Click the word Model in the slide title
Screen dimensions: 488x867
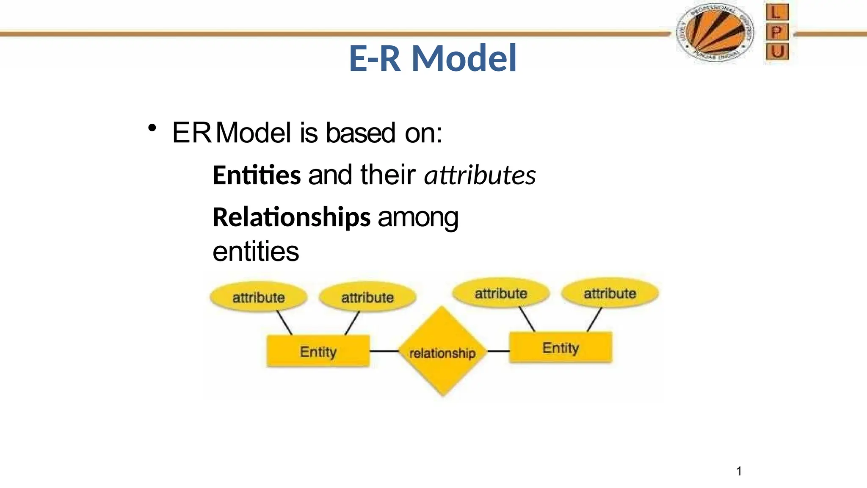coord(464,58)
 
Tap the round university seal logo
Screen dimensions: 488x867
coord(715,33)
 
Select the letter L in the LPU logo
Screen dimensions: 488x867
coord(777,12)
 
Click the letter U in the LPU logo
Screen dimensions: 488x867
coord(777,52)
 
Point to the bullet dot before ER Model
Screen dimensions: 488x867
coord(152,128)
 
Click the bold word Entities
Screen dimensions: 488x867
coord(257,175)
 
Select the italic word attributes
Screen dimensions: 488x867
coord(480,175)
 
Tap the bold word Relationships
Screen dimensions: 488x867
coord(291,217)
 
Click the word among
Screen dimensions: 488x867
coord(418,217)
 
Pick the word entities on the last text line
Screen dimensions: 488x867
coord(256,252)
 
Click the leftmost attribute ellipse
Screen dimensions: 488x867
coord(258,297)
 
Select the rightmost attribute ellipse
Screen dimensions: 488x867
coord(610,293)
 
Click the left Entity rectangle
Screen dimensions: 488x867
coord(318,351)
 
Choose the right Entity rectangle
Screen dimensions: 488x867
coord(561,348)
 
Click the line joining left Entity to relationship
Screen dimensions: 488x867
coord(384,351)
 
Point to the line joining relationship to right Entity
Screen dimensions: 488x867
coord(498,351)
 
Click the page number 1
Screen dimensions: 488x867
coord(739,471)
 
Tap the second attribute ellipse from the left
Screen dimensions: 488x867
coord(367,297)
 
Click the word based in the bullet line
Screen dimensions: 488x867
coord(360,133)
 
